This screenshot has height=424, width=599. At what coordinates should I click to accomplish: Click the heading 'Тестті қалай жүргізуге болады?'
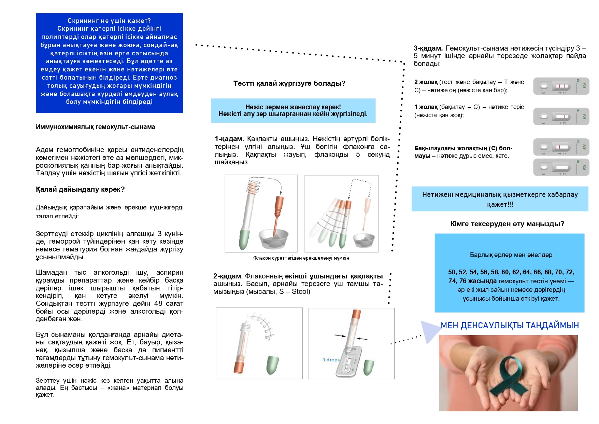(x=289, y=83)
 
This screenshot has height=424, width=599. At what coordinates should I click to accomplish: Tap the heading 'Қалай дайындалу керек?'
(x=80, y=189)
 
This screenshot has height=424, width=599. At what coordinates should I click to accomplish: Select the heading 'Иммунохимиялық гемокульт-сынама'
(x=95, y=127)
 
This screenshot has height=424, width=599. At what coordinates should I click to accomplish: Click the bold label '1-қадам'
(x=228, y=139)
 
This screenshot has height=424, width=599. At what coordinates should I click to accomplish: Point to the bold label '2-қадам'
(x=227, y=276)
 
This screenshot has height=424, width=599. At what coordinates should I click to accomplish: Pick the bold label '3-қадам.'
(x=428, y=48)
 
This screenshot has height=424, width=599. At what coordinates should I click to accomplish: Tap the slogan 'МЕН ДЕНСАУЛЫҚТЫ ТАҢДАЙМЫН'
(x=510, y=325)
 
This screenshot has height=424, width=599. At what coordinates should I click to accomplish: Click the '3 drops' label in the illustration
(x=331, y=360)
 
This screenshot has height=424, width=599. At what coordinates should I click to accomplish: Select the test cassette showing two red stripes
(x=561, y=86)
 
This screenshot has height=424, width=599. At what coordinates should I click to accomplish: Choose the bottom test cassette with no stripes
(x=561, y=167)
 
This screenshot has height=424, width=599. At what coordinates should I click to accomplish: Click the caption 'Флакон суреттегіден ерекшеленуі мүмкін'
(x=301, y=258)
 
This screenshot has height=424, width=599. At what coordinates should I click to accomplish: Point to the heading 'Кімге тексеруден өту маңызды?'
(x=507, y=224)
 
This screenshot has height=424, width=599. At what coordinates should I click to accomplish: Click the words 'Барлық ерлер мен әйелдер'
(x=511, y=255)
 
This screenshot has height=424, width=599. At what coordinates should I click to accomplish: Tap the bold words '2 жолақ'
(x=426, y=82)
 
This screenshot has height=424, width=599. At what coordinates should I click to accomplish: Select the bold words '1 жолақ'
(x=426, y=107)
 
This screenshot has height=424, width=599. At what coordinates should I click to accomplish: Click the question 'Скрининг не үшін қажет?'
(x=109, y=21)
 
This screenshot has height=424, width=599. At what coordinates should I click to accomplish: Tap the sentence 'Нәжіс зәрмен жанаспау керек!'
(x=293, y=107)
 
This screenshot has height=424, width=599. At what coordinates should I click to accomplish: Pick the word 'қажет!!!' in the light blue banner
(x=500, y=204)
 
